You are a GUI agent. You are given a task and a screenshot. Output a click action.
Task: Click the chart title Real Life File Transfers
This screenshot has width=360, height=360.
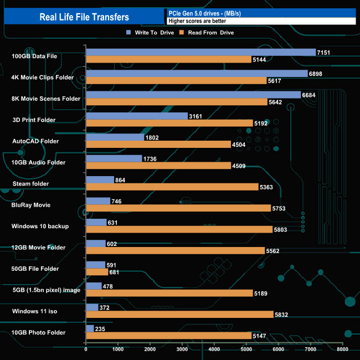pos(84,17)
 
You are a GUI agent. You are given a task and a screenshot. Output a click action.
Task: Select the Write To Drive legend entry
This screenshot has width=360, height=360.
pos(150,33)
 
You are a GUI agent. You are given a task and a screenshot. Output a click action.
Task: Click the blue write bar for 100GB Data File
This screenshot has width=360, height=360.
pos(200,52)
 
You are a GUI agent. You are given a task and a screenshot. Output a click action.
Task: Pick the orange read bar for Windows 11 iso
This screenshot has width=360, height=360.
pos(179,314)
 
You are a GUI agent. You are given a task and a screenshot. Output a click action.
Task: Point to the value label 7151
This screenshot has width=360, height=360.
pos(324,52)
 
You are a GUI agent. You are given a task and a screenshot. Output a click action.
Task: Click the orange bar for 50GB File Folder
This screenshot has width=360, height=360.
pos(97,272)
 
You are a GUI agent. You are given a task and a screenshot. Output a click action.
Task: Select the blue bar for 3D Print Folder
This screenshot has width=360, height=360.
pos(137,116)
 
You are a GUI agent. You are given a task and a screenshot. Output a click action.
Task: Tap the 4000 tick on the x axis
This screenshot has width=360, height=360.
pos(214,349)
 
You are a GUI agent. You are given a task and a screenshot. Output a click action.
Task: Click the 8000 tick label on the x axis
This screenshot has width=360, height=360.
pos(342,349)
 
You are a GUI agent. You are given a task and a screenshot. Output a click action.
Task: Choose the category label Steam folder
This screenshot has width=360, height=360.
pos(31,183)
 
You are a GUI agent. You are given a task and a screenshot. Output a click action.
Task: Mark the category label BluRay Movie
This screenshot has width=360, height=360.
pos(31,205)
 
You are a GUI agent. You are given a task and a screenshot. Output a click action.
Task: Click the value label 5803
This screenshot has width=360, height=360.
pos(280,229)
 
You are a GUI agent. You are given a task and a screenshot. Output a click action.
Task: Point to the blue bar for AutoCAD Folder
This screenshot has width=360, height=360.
pos(115,137)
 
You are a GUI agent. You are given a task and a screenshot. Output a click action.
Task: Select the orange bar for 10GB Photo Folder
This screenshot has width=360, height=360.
pos(168,336)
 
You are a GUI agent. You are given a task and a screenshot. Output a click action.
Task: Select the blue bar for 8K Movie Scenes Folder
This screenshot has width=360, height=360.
pos(193,95)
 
